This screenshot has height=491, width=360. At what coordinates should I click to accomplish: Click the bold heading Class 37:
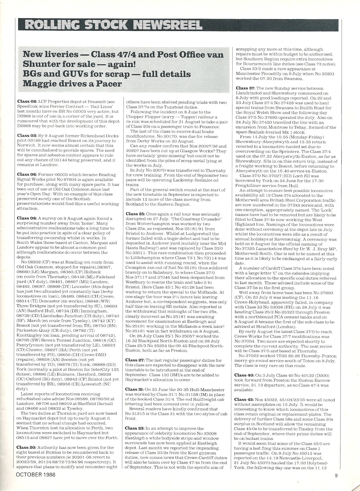(x=245, y=88)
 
